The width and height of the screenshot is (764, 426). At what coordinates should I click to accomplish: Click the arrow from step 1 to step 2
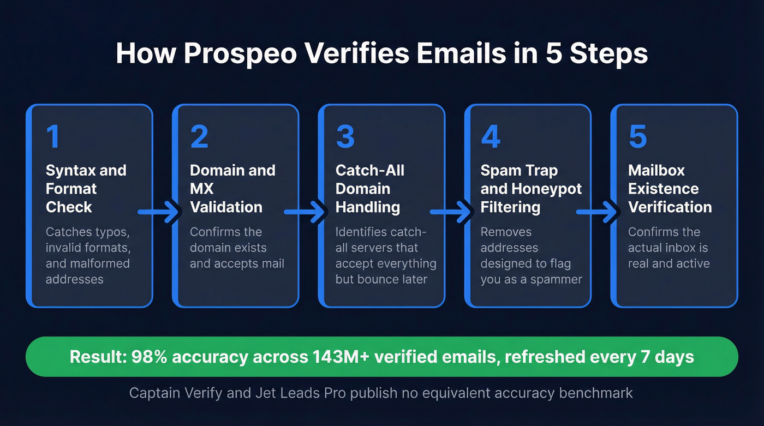(x=159, y=212)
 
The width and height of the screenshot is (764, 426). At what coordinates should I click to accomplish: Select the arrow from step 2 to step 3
(x=306, y=212)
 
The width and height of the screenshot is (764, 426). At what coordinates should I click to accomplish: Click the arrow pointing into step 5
(x=598, y=212)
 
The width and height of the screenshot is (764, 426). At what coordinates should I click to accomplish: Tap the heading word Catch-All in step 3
(x=370, y=170)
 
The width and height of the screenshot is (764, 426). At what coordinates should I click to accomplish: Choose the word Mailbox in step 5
(x=656, y=170)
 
